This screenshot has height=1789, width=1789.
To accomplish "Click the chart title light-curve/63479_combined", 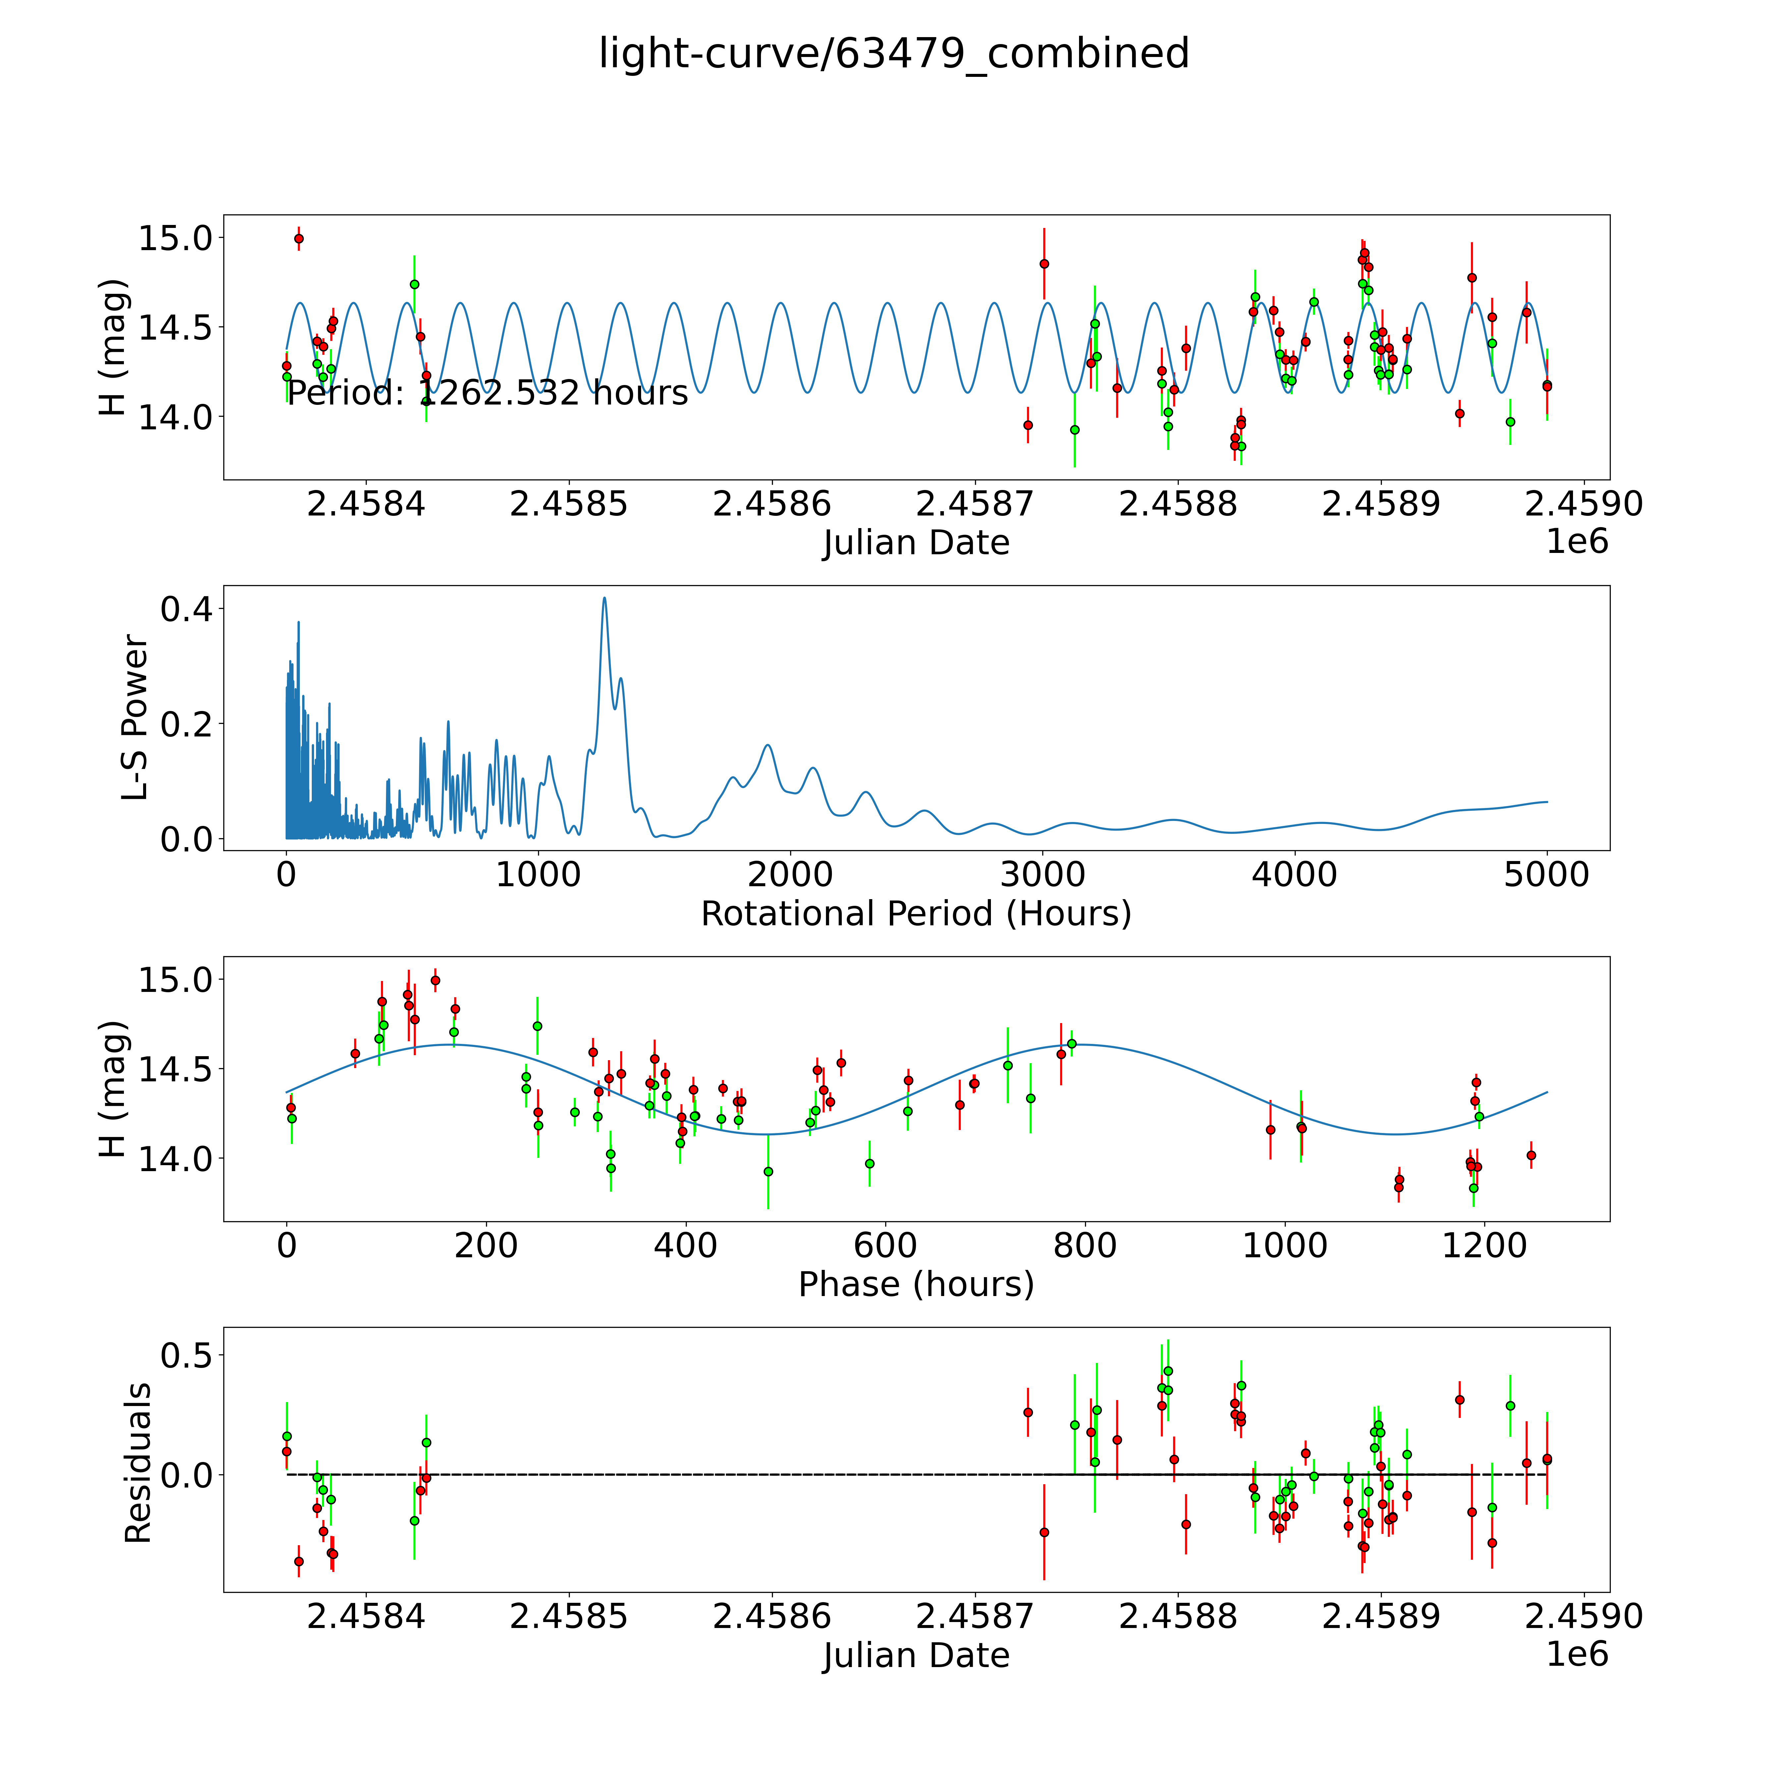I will click(x=894, y=54).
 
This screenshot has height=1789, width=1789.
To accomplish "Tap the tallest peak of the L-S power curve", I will click(x=605, y=598).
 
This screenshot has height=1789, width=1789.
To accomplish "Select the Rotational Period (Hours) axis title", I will click(x=916, y=914).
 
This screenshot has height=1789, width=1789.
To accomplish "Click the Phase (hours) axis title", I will click(x=916, y=1284).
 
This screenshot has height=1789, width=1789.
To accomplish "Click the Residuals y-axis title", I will click(x=137, y=1463).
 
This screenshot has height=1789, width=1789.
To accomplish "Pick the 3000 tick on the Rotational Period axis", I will click(x=1043, y=875).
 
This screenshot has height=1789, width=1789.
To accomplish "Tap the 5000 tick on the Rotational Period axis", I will click(x=1546, y=875).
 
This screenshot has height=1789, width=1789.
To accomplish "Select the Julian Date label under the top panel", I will click(x=916, y=543).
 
